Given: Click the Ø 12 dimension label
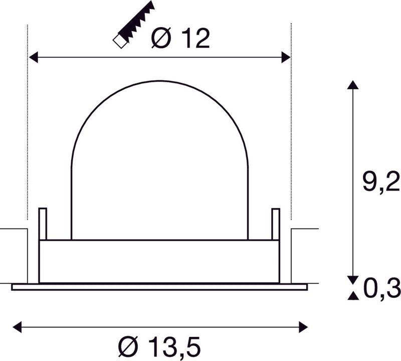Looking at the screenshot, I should click(x=180, y=39).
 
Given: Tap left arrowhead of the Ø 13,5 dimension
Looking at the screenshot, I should click(x=17, y=327).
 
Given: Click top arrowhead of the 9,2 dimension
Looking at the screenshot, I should click(x=353, y=85).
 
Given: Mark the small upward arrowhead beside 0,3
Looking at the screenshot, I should click(x=353, y=296).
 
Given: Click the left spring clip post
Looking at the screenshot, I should click(x=43, y=224).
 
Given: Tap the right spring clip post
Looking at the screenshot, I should click(x=275, y=224).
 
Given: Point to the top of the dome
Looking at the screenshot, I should click(x=159, y=81).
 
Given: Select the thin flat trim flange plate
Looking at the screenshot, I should click(x=159, y=287).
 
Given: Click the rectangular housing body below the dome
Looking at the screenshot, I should click(x=159, y=261).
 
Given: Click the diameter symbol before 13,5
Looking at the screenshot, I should click(x=129, y=346).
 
